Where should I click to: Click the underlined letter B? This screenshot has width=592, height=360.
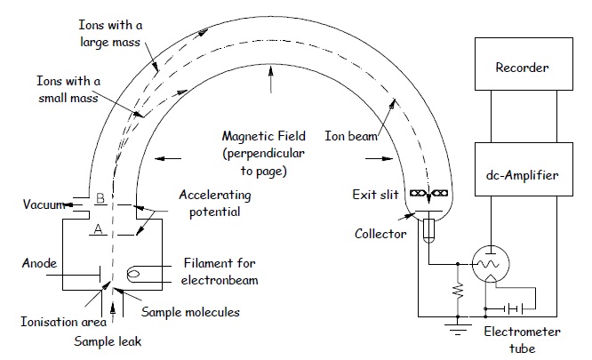(x=100, y=200)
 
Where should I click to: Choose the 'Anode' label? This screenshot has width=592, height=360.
(x=41, y=264)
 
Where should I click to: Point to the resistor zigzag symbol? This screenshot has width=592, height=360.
(x=457, y=290)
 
